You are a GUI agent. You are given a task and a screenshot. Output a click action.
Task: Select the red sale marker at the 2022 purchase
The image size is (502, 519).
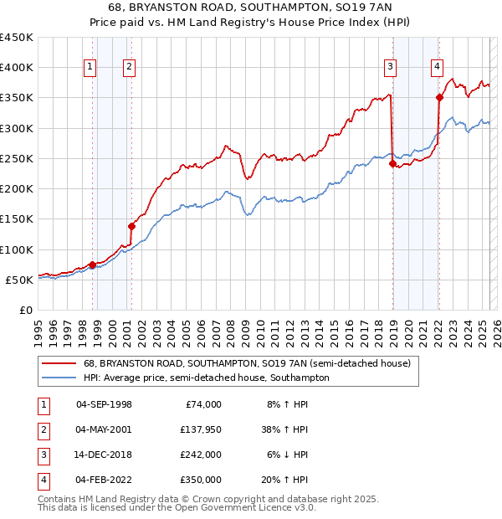tap(439, 98)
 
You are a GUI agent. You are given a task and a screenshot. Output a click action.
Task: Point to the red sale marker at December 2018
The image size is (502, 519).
tap(392, 163)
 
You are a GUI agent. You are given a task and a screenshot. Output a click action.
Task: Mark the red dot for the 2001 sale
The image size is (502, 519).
tap(131, 226)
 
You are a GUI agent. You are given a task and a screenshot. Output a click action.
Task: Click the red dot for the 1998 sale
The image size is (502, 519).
tap(92, 265)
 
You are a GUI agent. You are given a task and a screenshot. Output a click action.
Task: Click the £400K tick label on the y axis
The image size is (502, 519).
tap(17, 68)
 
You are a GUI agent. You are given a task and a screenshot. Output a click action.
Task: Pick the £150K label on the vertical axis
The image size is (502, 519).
tap(17, 219)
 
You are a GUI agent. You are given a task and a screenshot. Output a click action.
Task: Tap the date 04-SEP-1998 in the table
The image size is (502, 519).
tap(104, 404)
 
